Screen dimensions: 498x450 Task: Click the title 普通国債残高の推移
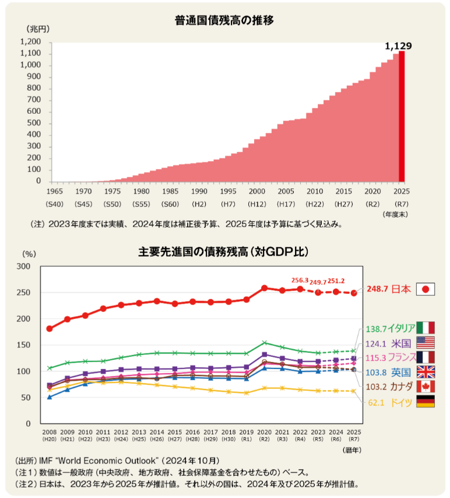[224, 20]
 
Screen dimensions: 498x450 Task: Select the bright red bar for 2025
[402, 117]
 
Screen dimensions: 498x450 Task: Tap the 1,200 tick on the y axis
[30, 42]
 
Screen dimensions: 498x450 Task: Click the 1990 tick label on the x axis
[199, 191]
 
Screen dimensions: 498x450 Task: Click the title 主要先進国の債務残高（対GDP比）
[224, 252]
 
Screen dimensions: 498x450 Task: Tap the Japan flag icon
[426, 289]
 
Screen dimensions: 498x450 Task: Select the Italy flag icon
[426, 328]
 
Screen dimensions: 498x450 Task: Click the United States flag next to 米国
[426, 343]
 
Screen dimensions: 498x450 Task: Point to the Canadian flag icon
[426, 386]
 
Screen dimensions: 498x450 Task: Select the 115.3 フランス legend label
[387, 357]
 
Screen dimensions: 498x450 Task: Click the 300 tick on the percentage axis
[24, 266]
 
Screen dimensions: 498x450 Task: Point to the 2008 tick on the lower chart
[50, 432]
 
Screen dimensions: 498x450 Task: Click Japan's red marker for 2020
[265, 288]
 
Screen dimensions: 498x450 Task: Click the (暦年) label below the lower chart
[352, 450]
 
